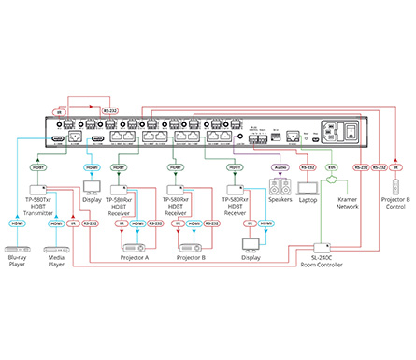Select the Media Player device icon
click(x=57, y=250)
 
